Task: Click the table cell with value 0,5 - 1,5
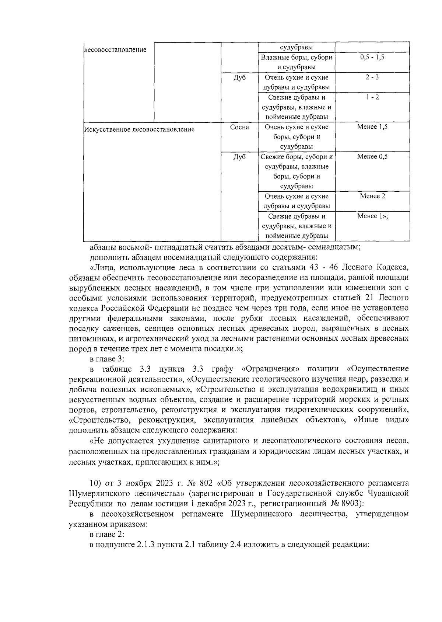[x=372, y=58]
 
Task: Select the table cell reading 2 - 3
[x=372, y=77]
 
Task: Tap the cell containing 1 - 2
[x=372, y=97]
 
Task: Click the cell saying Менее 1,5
[x=372, y=127]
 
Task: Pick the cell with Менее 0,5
[x=372, y=157]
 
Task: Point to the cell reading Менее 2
[x=372, y=196]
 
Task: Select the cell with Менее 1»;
[x=372, y=216]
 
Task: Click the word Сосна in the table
[x=239, y=127]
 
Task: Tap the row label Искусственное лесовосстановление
[x=140, y=129]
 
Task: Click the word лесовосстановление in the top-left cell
[x=115, y=50]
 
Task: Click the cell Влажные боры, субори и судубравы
[x=297, y=62]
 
